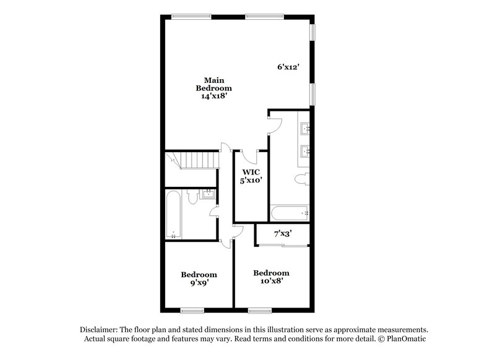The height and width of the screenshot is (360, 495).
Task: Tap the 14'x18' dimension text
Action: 214,98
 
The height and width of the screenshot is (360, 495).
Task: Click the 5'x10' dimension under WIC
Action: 250,181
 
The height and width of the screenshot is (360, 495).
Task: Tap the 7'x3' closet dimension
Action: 282,235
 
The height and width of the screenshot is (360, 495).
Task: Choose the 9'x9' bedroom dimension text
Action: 199,285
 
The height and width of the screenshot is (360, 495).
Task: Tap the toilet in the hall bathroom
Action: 193,197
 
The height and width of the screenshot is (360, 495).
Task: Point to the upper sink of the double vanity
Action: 305,129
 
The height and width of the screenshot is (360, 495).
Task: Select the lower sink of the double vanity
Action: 305,150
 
